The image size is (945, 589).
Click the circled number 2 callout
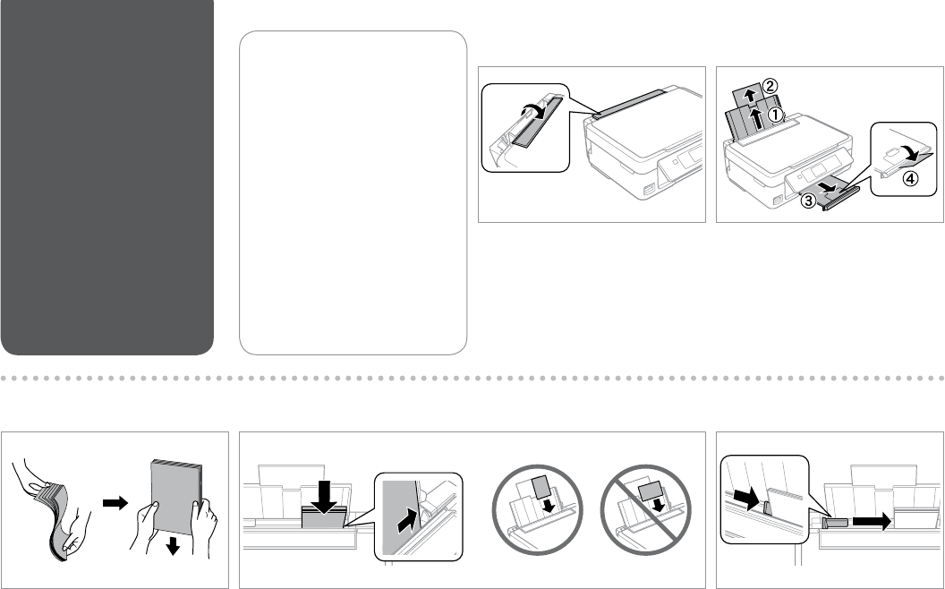[770, 86]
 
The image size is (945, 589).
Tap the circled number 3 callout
[808, 202]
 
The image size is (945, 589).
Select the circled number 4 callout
[909, 177]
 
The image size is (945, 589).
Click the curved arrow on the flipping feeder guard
[531, 111]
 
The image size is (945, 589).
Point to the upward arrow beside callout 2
[750, 92]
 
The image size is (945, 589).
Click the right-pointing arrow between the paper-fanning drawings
[115, 504]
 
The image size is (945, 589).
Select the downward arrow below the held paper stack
[172, 544]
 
